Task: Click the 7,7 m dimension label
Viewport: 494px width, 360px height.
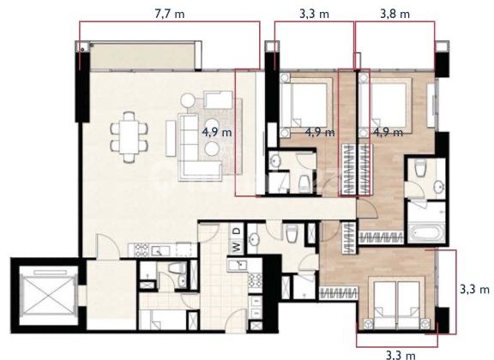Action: click(169, 15)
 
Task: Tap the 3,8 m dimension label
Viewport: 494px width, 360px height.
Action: click(394, 15)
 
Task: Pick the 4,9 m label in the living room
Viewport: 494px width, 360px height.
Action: click(217, 133)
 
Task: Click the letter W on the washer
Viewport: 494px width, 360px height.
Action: click(233, 248)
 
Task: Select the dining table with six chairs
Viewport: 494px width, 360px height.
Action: click(129, 135)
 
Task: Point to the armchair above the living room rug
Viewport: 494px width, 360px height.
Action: click(218, 101)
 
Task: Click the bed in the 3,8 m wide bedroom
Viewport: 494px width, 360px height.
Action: click(393, 107)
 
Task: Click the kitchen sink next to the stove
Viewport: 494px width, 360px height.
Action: click(160, 249)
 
